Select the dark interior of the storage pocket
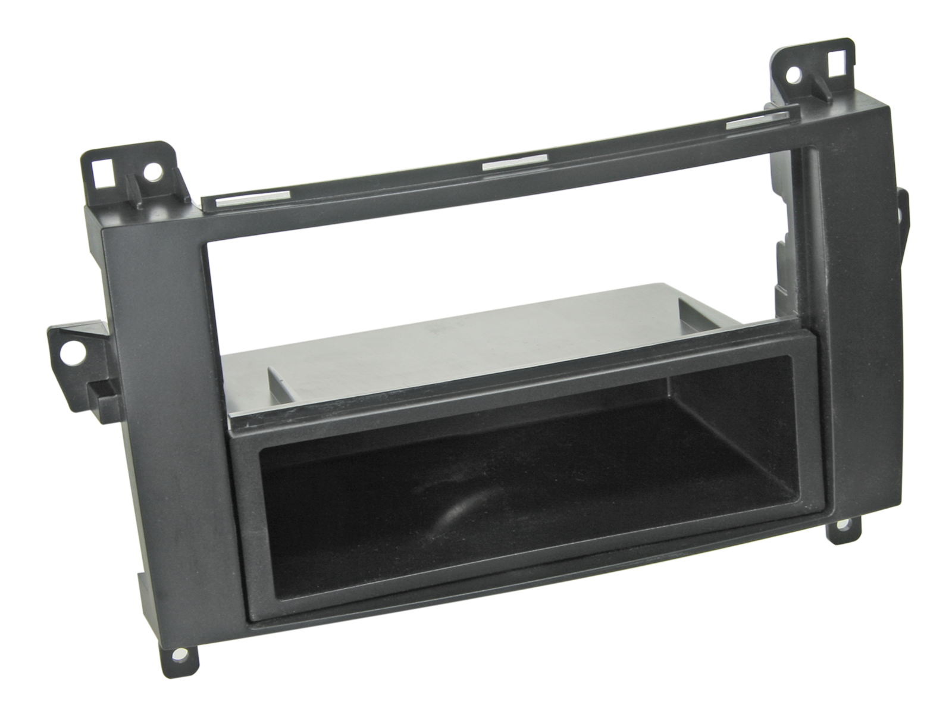coord(535,476)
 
